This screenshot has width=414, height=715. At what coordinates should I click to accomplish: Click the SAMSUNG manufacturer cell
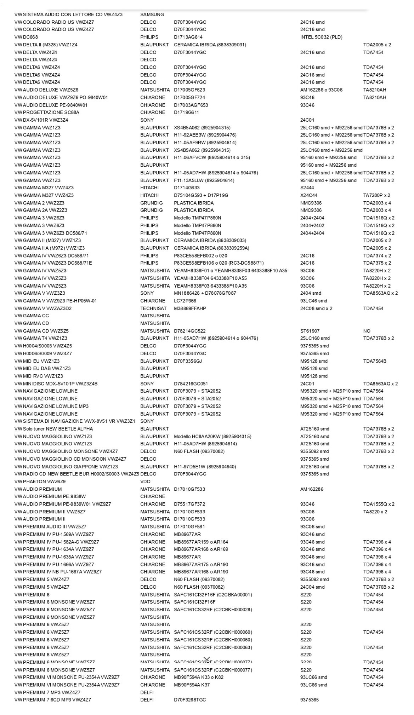(x=152, y=15)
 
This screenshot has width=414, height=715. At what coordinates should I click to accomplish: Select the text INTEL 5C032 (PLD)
(x=321, y=37)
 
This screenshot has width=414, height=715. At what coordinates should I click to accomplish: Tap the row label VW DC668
(x=26, y=37)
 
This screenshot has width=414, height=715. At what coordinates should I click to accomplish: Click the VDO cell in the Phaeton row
(x=145, y=482)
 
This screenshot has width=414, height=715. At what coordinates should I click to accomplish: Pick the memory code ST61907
(x=310, y=331)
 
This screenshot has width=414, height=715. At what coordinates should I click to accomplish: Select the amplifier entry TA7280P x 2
(x=376, y=195)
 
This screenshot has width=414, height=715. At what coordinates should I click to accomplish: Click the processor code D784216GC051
(x=191, y=384)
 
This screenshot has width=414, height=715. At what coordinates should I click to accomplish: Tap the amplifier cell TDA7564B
(x=374, y=361)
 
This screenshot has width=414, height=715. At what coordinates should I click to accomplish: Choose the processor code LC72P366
(x=185, y=301)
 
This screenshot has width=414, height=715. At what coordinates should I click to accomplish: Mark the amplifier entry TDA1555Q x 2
(x=378, y=504)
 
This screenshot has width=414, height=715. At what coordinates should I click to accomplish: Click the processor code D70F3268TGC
(x=189, y=700)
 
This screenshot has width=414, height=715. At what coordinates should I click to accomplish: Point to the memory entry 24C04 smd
(x=312, y=587)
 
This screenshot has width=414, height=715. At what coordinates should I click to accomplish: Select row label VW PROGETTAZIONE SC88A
(x=47, y=113)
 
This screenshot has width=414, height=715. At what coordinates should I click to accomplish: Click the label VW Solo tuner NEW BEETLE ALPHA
(x=53, y=429)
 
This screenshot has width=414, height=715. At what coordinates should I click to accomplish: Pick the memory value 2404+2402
(x=312, y=225)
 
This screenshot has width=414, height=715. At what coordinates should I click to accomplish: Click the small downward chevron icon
(x=207, y=659)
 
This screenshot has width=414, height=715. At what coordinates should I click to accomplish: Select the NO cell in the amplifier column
(x=367, y=331)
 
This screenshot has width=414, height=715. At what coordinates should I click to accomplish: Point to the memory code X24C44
(x=308, y=195)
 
